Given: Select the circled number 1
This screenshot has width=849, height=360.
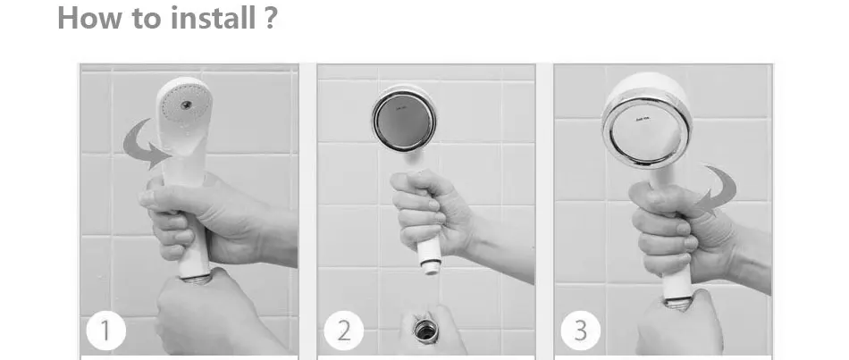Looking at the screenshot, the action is coord(105,331).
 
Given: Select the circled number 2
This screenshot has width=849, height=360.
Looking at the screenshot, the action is coord(343,331).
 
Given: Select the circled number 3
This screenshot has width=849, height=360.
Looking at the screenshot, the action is coord(580,331).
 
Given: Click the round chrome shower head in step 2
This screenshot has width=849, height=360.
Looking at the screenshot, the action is coord(404,118).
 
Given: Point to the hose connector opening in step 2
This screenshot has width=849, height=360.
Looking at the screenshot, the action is coord(425,330).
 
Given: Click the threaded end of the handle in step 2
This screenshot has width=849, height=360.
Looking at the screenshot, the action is coord(431,266).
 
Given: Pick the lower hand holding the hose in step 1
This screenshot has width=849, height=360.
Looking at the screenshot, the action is coord(211,314).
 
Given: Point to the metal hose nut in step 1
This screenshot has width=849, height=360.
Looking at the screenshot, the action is coord(196,279).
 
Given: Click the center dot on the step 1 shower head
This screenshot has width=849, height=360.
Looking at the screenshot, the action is coord(186,105).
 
